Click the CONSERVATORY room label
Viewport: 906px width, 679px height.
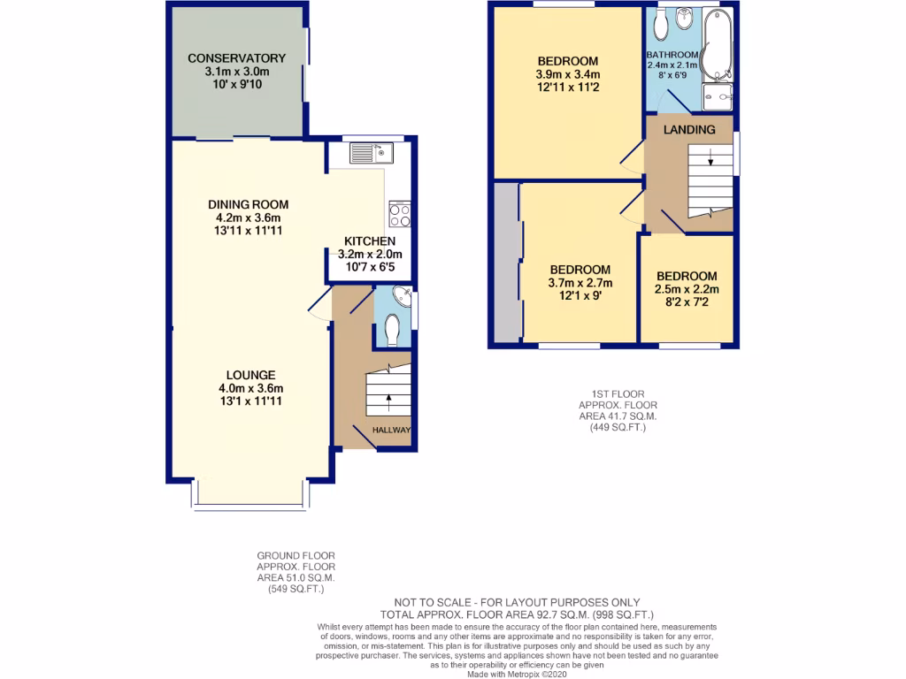coord(236,58)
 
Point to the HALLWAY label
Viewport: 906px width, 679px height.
coord(391,430)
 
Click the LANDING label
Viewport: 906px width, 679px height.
coord(691,130)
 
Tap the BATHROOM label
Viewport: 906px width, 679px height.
coord(672,54)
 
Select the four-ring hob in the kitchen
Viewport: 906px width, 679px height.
coord(398,214)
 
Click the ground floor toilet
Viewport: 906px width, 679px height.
coord(395,330)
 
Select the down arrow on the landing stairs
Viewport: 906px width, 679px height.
coord(710,159)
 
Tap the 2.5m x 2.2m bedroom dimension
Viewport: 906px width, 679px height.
coord(687,288)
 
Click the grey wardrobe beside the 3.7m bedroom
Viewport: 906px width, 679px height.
coord(506,262)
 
